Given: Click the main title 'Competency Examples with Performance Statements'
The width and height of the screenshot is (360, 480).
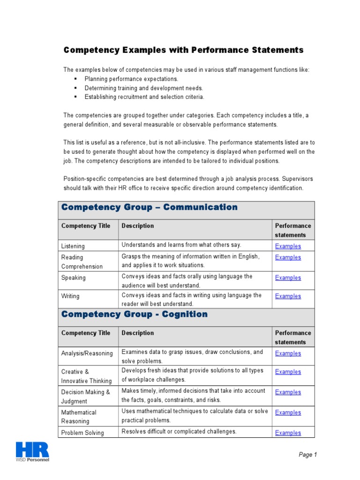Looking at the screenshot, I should click(183, 50).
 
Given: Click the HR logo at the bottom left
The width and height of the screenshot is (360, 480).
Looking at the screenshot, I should click(32, 450).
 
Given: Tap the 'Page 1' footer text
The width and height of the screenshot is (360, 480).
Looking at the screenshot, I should click(308, 454).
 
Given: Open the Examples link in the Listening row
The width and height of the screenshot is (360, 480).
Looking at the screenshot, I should click(288, 246).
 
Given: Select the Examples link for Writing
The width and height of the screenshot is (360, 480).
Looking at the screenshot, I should click(288, 296).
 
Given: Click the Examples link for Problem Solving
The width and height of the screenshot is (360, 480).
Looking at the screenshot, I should click(288, 433).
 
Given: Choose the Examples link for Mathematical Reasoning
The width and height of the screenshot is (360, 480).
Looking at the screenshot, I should click(288, 412).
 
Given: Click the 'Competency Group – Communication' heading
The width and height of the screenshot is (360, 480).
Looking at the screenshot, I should click(150, 207).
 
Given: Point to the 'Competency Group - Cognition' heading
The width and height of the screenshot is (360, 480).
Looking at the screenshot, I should click(135, 315).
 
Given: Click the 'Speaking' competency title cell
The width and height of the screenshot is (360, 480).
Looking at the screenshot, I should click(74, 278).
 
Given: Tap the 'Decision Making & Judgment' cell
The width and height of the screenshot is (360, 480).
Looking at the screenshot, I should click(85, 397).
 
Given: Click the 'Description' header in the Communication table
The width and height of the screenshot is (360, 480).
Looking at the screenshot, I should click(138, 226).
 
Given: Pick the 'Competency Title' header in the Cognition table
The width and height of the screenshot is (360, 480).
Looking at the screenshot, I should click(85, 333).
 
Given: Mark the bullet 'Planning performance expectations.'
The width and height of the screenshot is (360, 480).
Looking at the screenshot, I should click(131, 79).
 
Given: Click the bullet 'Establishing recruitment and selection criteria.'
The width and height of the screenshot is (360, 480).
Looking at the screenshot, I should click(144, 97).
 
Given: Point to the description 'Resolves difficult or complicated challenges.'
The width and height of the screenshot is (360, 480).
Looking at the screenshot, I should click(179, 432).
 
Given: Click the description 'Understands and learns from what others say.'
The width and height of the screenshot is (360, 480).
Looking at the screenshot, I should click(181, 245).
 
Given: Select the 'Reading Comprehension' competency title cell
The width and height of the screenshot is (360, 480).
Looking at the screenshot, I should click(82, 262).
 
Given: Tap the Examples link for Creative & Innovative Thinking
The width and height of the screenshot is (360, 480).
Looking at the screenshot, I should click(288, 372).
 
